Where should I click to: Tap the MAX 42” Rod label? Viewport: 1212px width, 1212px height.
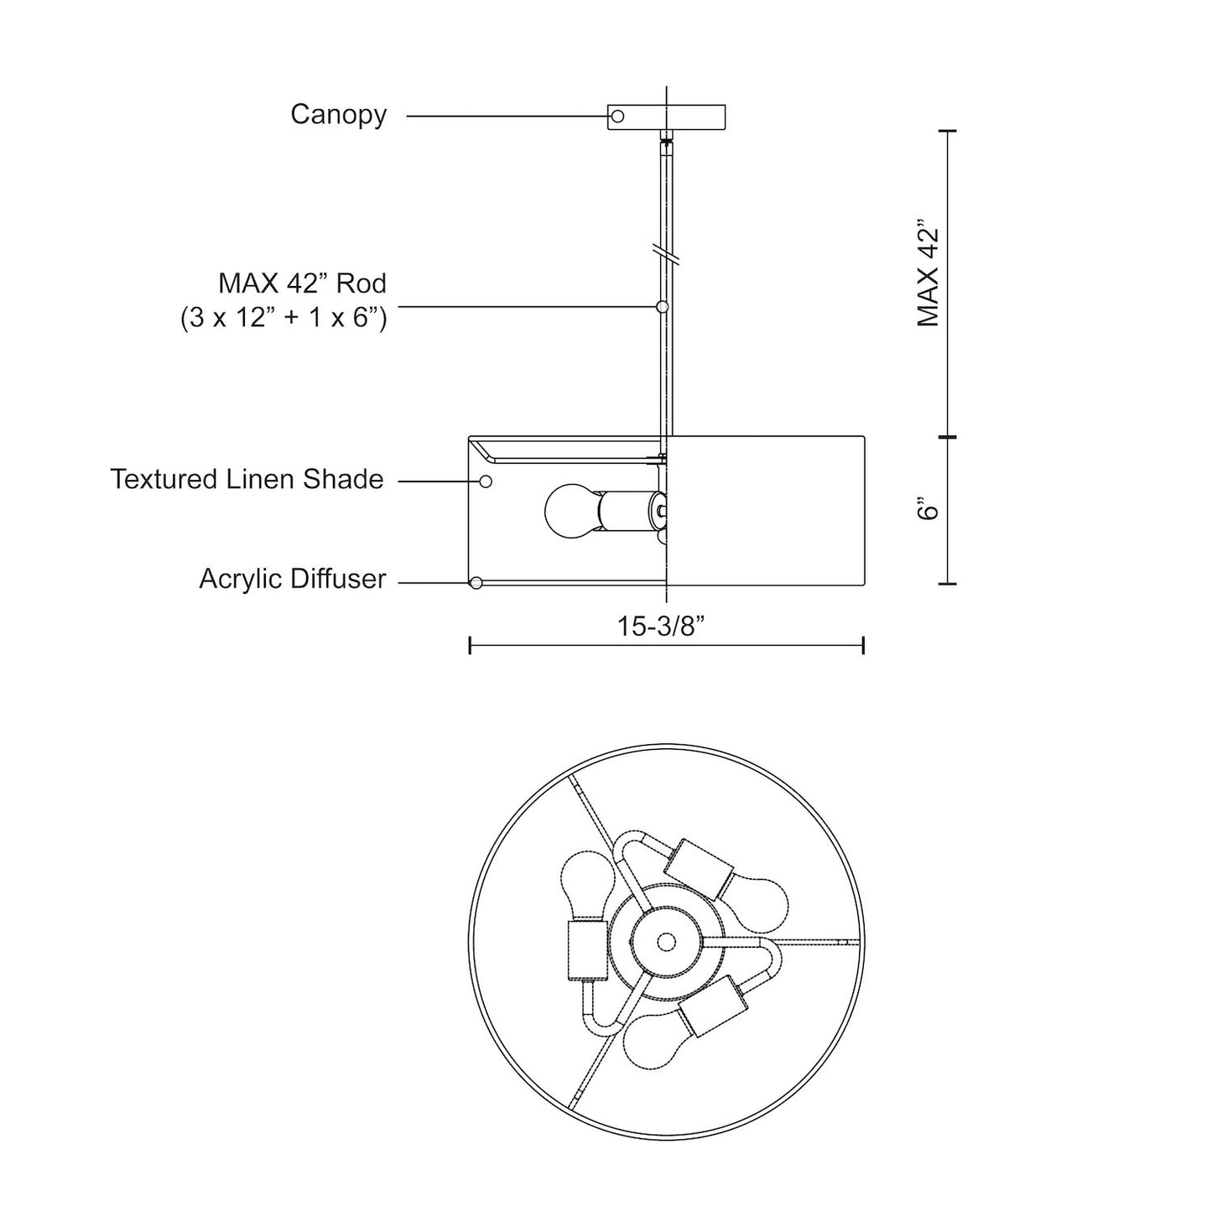303,283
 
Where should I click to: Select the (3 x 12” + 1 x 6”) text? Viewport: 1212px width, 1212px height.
283,318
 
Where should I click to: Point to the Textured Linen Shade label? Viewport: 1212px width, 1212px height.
247,479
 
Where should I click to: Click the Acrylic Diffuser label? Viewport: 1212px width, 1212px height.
293,579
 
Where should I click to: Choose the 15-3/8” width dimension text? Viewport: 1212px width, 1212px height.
660,627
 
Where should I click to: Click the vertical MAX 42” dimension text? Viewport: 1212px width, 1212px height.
928,273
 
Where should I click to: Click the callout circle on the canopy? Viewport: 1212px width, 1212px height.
617,117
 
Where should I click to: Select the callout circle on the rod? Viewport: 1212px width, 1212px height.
661,307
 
